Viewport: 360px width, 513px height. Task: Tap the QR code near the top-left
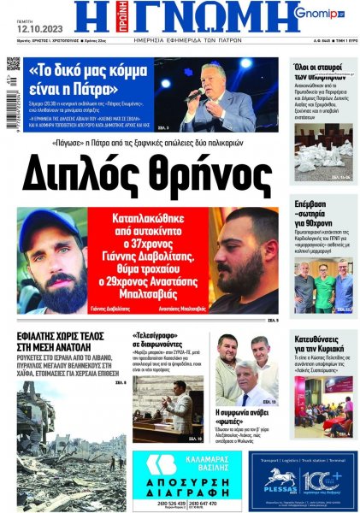coord(14,64)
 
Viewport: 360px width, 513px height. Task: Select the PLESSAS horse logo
coord(280,475)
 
